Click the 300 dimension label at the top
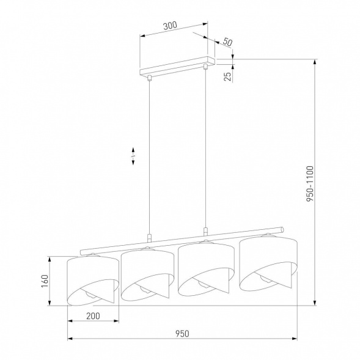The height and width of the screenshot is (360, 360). (x=171, y=26)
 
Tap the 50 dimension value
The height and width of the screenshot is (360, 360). (x=227, y=42)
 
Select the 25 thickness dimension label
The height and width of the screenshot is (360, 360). (x=227, y=76)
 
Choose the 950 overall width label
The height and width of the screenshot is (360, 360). (x=181, y=333)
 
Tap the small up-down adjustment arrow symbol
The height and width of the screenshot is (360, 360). (x=133, y=157)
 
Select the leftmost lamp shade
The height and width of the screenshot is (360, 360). (x=92, y=278)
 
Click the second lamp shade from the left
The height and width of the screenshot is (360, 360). (x=144, y=273)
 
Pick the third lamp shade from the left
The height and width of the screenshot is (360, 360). (x=204, y=267)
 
